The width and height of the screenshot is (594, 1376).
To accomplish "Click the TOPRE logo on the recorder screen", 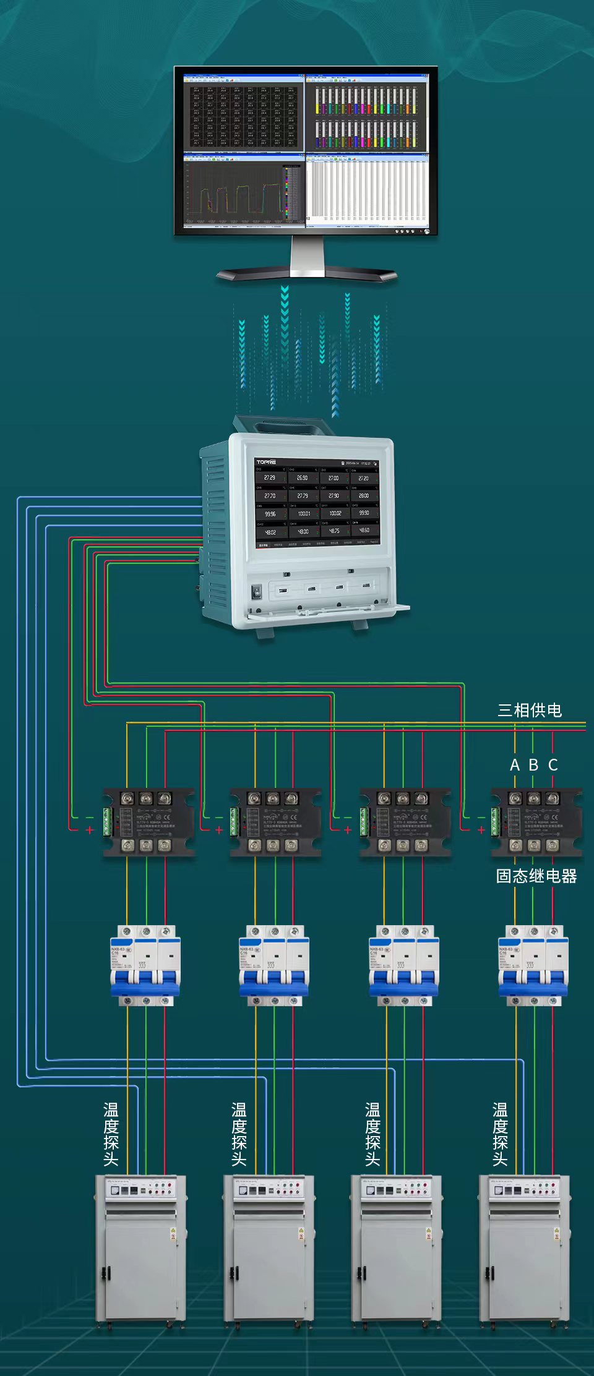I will click(x=266, y=462).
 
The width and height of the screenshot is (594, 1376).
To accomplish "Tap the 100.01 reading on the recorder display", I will click(x=304, y=513).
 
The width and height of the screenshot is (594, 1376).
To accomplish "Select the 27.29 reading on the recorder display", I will click(x=270, y=477).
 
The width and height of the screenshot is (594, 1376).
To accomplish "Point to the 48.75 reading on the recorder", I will click(x=334, y=531).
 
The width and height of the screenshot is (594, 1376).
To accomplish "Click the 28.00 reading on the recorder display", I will click(x=364, y=495).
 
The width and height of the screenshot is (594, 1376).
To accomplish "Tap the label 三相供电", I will click(x=530, y=710).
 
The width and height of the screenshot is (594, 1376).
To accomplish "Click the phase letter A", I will click(x=515, y=765).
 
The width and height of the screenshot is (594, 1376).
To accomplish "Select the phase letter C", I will click(x=553, y=765).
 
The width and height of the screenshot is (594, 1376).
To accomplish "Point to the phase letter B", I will click(x=533, y=765).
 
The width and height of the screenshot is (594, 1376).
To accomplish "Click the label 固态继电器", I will click(x=536, y=876).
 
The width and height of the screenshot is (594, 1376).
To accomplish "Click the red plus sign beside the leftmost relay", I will click(x=90, y=830).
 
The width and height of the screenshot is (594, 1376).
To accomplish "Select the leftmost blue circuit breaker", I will click(x=145, y=965).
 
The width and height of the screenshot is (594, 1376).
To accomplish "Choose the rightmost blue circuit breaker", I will click(x=533, y=965).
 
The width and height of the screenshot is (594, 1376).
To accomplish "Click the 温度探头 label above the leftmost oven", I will click(x=111, y=1134).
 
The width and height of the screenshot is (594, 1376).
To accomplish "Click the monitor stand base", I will click(x=307, y=274).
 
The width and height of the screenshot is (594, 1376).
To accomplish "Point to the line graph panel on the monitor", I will click(x=244, y=192).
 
